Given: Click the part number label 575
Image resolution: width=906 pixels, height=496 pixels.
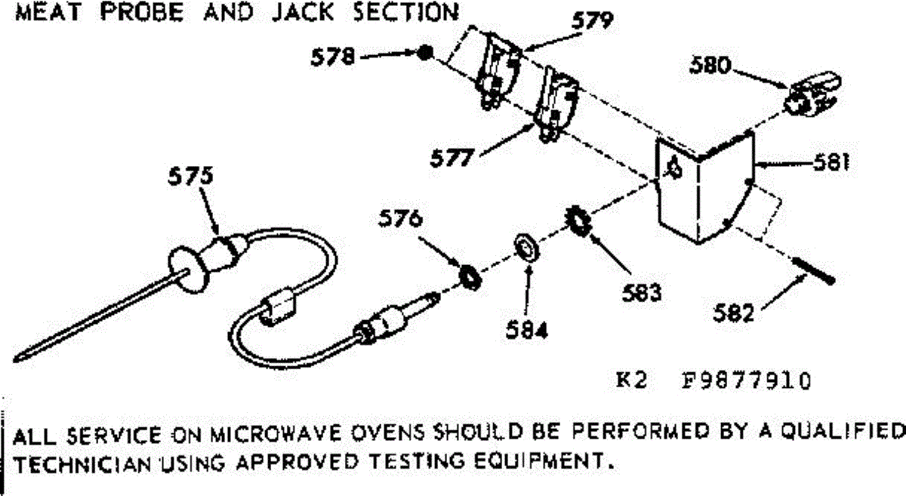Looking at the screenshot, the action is point(190,177).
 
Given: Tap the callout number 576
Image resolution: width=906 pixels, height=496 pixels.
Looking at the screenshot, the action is point(400,219).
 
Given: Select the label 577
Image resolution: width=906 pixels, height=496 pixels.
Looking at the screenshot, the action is point(451,158).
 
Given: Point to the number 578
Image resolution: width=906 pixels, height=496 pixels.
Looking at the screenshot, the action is point(333,57).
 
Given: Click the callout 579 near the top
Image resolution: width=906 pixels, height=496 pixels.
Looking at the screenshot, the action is point(593,20).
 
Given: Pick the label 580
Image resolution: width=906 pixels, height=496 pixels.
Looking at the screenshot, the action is point(710,65).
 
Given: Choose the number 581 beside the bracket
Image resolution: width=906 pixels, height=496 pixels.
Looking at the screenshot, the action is point(831,162).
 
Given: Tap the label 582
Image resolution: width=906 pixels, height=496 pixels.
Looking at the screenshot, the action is point(733,313).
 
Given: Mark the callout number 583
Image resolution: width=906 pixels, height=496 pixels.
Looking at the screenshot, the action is point(642,292).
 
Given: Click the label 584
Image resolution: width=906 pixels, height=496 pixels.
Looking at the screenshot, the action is point(527,330).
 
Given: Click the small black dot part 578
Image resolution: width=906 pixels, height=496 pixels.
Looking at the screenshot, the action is point(424,53).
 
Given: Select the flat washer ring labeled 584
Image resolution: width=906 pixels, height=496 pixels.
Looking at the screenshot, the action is point(527,247).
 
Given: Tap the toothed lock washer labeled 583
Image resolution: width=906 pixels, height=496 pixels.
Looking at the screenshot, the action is point(578,221).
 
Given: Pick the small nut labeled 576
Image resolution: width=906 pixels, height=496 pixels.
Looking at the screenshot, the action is point(470,277).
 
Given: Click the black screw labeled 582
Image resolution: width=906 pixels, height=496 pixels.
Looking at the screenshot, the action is point(813,271).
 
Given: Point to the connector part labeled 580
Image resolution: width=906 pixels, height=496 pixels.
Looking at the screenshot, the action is point(813,94).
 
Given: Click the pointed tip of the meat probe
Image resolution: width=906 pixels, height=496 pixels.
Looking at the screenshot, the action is point(15,359).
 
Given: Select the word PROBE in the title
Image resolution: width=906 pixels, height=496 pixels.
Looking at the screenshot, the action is point(142,12).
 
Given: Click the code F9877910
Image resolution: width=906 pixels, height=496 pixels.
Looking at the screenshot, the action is point(746,381).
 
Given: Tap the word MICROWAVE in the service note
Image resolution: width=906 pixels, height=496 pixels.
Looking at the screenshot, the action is point(276,434).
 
